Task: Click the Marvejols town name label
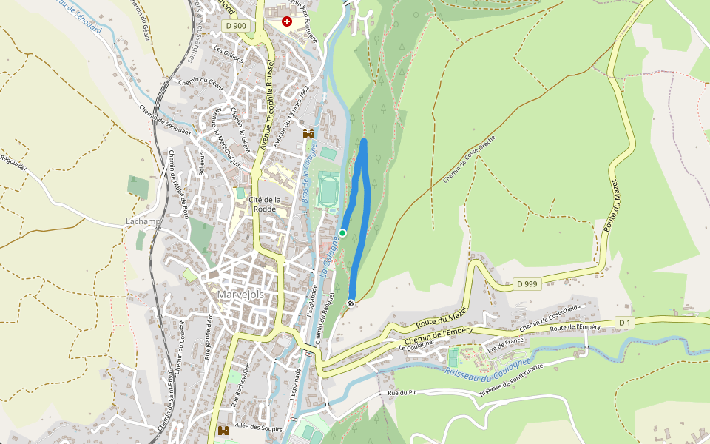coord(240,294)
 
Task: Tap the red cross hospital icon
coord(287,22)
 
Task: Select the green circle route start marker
coord(342,233)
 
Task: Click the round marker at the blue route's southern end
coord(351,303)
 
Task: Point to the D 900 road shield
coord(235,26)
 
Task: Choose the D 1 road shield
coord(625,322)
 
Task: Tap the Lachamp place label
coord(143,222)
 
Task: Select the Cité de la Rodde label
coord(266,204)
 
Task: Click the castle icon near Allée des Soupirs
coord(223,431)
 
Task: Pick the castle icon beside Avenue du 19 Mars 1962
coord(308,134)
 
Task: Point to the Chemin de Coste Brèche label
coord(469,160)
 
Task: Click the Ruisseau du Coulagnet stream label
coord(488,368)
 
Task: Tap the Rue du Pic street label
coord(404,392)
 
